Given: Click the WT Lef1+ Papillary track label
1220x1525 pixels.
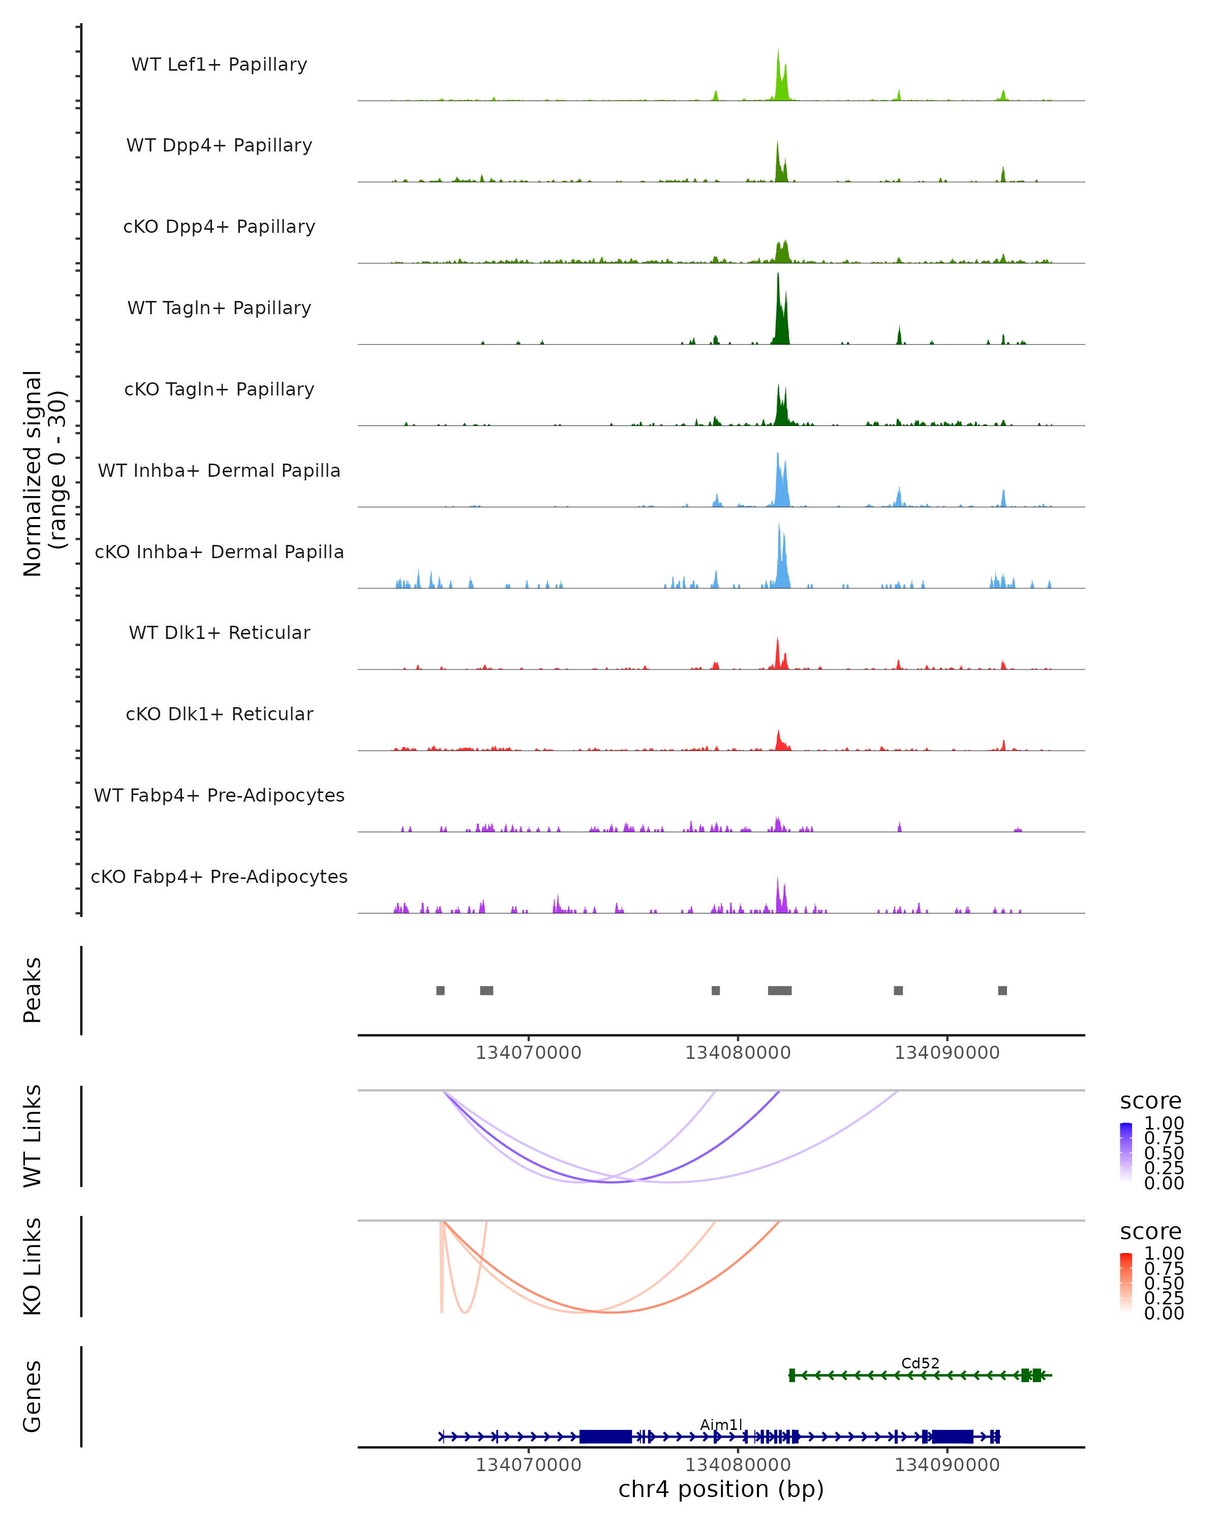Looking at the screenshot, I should tap(219, 65).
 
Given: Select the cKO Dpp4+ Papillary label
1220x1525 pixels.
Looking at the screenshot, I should tap(219, 226).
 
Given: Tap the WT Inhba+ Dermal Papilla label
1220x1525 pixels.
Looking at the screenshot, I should tap(219, 470).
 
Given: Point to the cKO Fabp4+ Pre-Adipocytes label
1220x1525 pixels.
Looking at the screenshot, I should tap(219, 876).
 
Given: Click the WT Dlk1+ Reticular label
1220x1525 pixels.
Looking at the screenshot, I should tap(219, 632).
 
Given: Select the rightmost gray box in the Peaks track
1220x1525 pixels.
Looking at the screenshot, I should tap(1002, 990).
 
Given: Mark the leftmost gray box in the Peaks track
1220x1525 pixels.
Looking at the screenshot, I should tap(441, 990).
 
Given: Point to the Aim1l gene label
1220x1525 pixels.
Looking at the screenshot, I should tap(721, 1424).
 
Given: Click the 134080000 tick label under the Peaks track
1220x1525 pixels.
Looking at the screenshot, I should tap(738, 1053).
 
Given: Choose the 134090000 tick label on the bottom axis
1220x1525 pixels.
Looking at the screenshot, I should tap(947, 1465).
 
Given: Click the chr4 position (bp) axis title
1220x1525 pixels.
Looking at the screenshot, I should tap(721, 1489).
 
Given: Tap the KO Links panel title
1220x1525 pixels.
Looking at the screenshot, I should tap(33, 1266).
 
